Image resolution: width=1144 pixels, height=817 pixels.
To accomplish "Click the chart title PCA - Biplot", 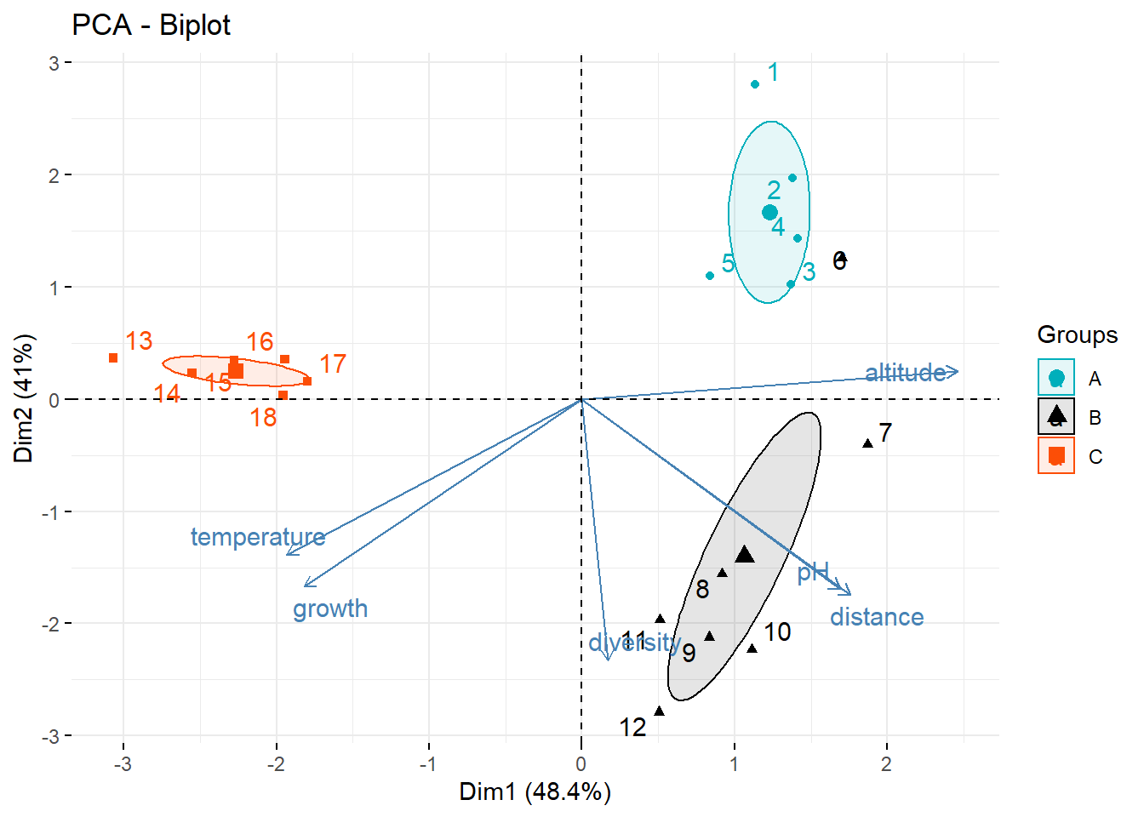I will point(151,26).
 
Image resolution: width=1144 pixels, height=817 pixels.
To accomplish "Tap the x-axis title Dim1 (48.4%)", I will point(535,792).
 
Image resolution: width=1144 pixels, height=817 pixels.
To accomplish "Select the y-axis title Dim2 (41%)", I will point(24,397).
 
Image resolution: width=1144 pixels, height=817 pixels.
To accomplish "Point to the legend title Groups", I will point(1077,334).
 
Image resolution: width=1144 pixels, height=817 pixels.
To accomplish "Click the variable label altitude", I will point(905,373).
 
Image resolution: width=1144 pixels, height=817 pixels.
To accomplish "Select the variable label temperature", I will point(257,537).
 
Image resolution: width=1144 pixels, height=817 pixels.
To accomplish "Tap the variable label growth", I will point(330,608).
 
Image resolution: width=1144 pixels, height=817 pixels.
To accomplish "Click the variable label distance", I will point(877,617).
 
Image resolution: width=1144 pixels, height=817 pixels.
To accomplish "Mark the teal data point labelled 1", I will point(755,84).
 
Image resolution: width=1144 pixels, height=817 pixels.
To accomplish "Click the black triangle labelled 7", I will point(868,443).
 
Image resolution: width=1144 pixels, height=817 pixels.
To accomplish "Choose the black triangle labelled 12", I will point(659,711).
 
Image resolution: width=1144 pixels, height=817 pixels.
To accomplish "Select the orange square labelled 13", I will point(113,358).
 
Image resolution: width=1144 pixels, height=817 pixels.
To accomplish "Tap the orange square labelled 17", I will point(307,381).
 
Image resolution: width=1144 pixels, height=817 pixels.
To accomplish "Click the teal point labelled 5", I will point(710,276).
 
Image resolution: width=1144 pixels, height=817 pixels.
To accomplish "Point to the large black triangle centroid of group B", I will point(745,555).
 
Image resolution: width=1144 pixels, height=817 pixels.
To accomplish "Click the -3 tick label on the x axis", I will point(123,763).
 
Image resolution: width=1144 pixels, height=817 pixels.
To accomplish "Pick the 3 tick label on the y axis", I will point(54,63).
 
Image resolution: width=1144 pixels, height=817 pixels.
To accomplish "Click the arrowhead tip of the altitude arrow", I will point(958,371).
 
